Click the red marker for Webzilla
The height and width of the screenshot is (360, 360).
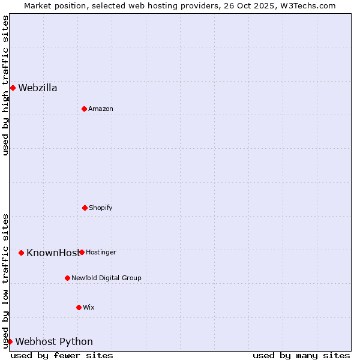pos(13,88)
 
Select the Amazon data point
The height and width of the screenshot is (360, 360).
pos(84,109)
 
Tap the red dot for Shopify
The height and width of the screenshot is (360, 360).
pos(85,208)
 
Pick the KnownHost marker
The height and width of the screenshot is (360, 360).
pos(21,253)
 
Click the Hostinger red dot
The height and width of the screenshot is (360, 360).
pos(82,252)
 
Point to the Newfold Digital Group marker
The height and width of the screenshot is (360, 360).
pos(67,278)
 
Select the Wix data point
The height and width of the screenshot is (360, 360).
pos(79,307)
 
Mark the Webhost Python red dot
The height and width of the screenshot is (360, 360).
pos(10,341)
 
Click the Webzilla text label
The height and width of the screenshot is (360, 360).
pos(38,88)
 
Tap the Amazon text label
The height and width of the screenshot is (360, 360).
pos(101,109)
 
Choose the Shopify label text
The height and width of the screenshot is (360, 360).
pos(101,208)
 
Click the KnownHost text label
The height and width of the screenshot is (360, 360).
pos(52,253)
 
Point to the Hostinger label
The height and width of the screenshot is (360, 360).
pos(101,253)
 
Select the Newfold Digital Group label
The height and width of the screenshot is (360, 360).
pos(106,278)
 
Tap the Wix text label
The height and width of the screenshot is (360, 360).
pos(89,308)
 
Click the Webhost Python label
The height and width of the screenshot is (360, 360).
pos(54,342)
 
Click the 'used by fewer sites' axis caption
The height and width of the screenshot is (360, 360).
pos(62,355)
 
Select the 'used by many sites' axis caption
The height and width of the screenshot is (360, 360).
pos(301,355)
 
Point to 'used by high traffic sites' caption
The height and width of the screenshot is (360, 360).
pos(5,85)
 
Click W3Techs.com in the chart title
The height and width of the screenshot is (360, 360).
pos(306,5)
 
